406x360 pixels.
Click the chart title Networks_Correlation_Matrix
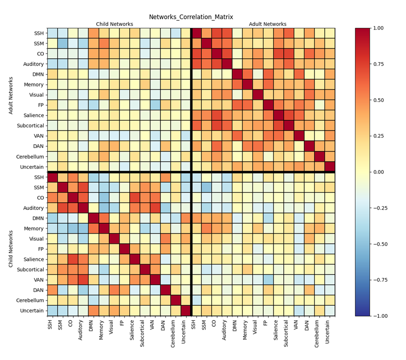point(191,17)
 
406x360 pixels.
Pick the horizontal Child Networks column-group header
point(115,24)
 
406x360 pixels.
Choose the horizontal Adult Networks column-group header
point(268,24)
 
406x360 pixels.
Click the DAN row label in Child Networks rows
point(38,290)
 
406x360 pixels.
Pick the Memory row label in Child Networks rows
point(34,228)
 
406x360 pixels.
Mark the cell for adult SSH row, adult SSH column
point(197,33)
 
